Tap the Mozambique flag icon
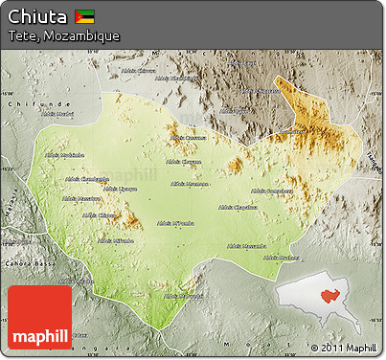(85, 16)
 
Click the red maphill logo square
(39, 317)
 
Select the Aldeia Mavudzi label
(184, 295)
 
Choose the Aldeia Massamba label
(247, 245)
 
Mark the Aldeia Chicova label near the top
(139, 70)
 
